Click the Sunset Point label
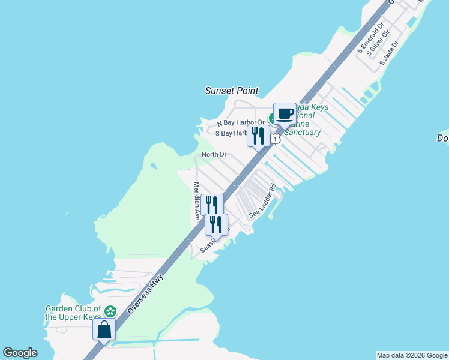(232, 91)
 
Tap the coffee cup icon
(285, 113)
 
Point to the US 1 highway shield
(275, 139)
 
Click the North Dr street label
(214, 154)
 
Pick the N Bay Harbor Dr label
(240, 122)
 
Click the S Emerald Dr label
(370, 40)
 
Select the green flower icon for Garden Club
(110, 311)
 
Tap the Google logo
(20, 353)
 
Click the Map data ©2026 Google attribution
(411, 355)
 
